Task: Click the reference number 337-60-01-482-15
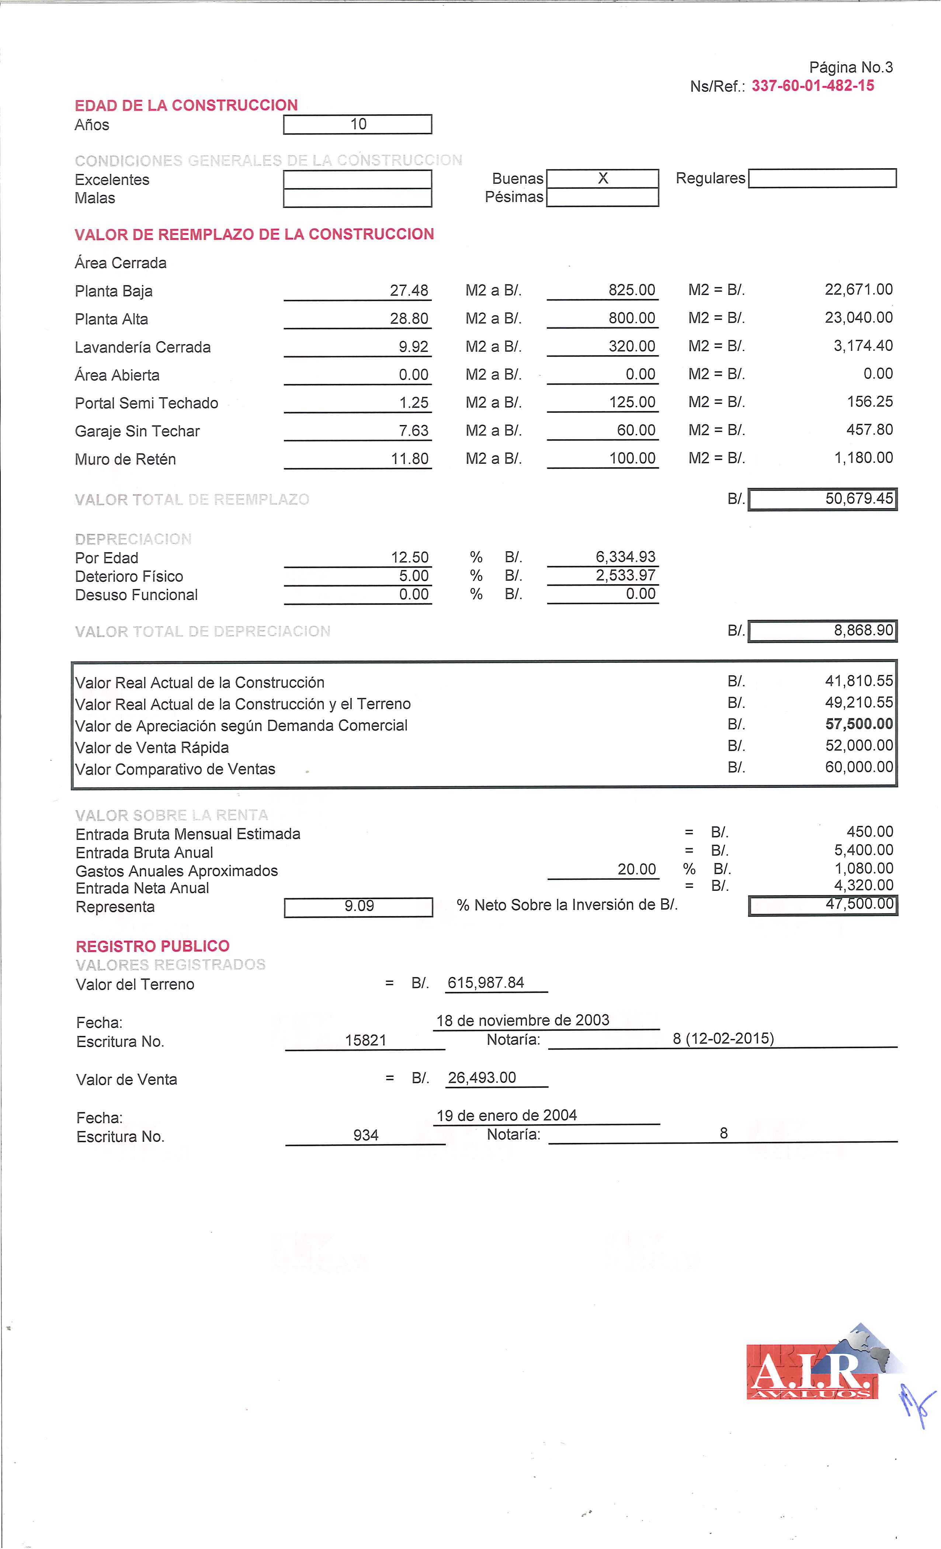pos(812,86)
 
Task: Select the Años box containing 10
pos(358,125)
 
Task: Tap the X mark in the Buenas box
pos(603,179)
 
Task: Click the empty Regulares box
pos(822,179)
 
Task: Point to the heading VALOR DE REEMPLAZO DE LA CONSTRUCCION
pos(254,235)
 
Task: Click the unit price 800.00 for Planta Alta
pos(631,318)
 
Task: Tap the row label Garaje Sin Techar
pos(137,431)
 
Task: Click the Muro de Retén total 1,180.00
pos(863,458)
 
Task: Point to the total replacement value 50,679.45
pos(859,499)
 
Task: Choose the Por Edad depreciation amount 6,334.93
pos(625,557)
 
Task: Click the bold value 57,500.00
pos(859,724)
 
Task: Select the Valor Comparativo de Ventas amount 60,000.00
pos(859,767)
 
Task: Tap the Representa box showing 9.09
pos(359,906)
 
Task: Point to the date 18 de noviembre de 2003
pos(522,1020)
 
